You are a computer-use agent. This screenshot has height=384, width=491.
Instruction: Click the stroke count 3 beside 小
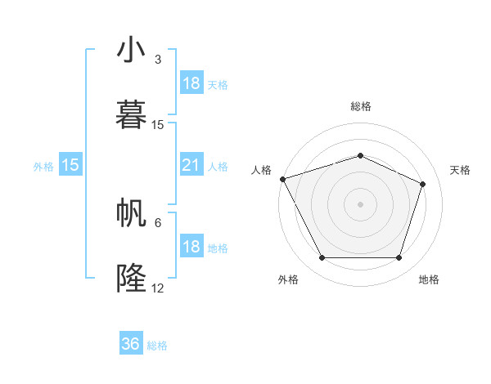[158, 60]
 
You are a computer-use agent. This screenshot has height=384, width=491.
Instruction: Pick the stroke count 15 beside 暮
[158, 125]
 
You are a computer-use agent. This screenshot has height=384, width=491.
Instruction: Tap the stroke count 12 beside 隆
[158, 288]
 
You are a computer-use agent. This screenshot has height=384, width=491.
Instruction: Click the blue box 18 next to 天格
[191, 83]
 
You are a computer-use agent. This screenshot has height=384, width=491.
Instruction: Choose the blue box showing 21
[191, 165]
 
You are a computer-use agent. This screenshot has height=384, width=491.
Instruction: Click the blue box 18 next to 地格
[191, 247]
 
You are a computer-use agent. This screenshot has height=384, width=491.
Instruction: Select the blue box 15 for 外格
[70, 165]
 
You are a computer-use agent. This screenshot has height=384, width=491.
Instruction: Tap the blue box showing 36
[131, 344]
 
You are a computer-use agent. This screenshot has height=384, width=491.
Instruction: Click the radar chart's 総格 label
[360, 106]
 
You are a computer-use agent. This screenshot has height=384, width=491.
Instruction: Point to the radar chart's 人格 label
[262, 170]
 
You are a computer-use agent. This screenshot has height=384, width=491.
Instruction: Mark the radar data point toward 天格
[423, 184]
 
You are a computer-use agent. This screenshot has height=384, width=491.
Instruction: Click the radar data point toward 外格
[322, 258]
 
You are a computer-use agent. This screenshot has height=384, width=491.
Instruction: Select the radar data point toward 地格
[399, 258]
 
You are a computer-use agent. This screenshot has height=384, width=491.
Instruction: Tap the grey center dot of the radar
[360, 204]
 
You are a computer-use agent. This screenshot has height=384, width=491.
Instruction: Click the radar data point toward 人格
[282, 179]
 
